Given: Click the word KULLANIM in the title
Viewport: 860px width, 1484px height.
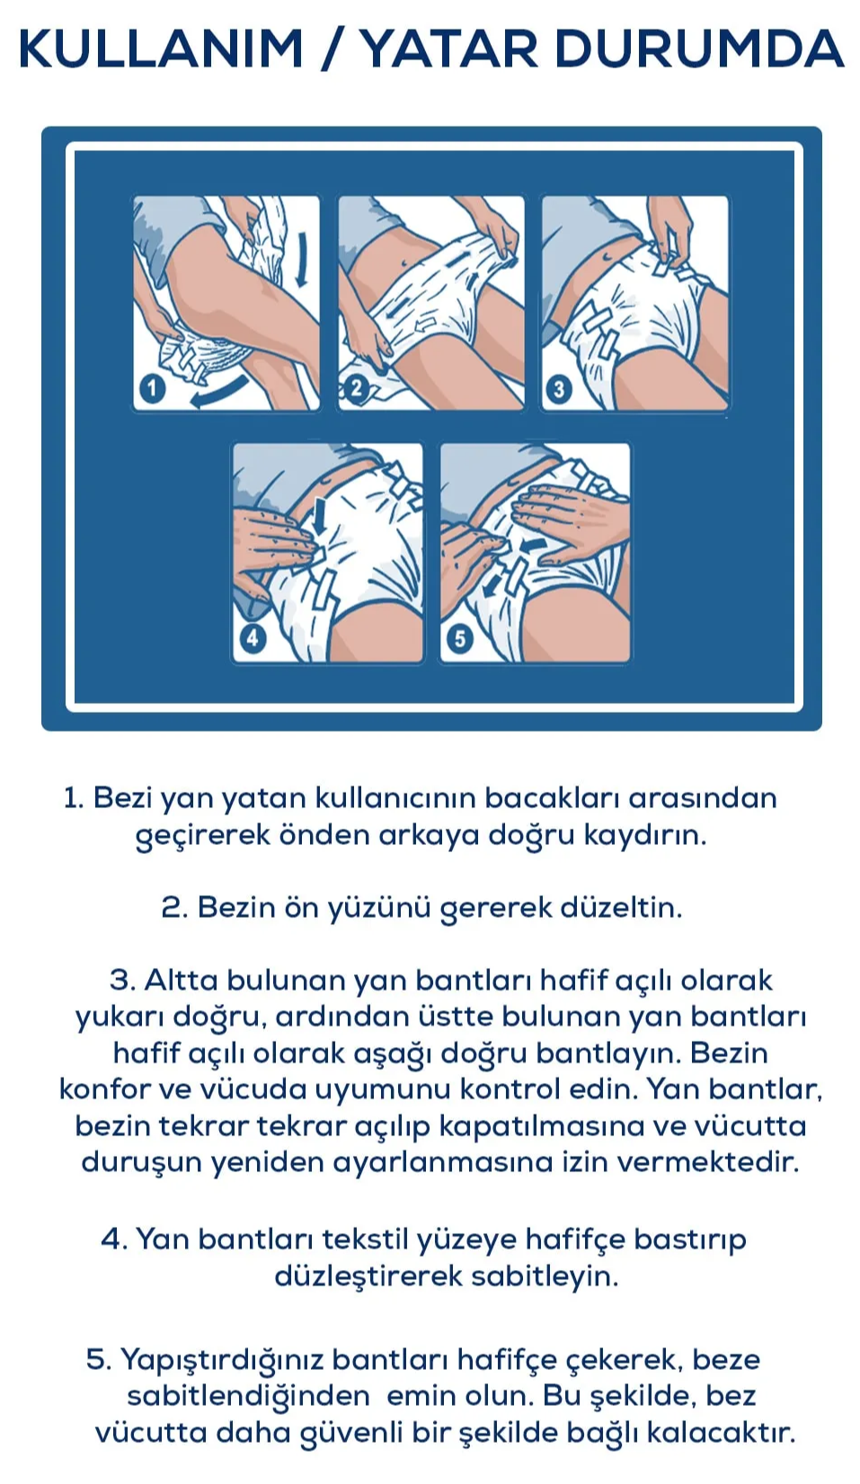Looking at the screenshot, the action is (162, 49).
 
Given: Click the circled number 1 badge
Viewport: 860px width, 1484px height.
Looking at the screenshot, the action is (152, 387).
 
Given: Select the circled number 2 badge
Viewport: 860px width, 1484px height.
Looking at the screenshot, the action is (357, 387).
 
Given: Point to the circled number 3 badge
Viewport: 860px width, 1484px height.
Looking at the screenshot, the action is (559, 388).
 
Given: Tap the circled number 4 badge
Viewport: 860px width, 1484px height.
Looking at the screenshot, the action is (253, 638).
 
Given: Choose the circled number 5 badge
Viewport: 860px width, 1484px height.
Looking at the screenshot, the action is (460, 639).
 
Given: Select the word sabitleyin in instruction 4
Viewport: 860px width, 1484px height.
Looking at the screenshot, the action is (544, 1276).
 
